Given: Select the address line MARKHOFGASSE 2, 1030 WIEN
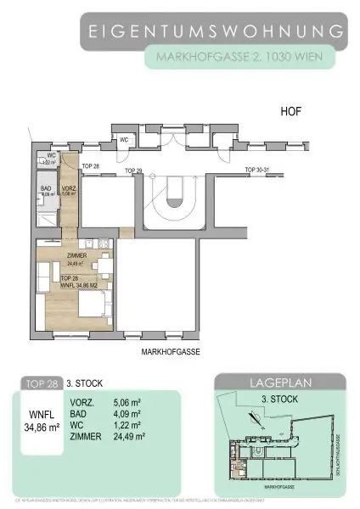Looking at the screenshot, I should tap(239, 58).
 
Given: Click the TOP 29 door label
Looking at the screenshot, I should tap(133, 171).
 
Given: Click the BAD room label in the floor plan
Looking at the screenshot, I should tap(47, 189).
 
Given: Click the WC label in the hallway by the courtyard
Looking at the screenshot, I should tap(124, 139).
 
